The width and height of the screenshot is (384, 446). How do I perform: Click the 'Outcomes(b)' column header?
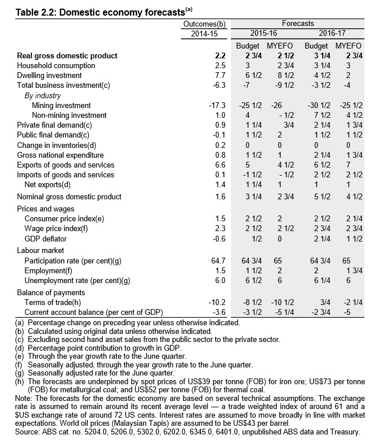[x=204, y=24]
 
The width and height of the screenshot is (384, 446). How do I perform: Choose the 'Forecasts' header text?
[x=297, y=24]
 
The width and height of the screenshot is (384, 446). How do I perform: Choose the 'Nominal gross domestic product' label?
[x=69, y=197]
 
